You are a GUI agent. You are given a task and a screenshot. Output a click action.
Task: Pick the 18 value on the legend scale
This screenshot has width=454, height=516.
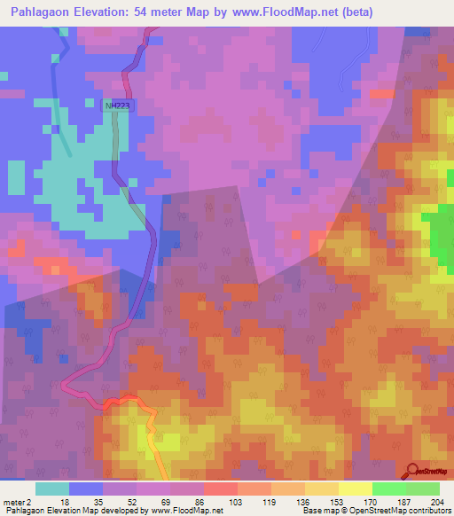click(65, 501)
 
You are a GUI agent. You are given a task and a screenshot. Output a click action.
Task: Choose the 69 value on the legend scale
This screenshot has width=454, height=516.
click(165, 501)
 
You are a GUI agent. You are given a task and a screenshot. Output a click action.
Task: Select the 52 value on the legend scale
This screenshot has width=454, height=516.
click(131, 501)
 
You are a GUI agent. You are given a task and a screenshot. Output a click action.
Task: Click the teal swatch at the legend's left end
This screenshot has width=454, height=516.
click(52, 489)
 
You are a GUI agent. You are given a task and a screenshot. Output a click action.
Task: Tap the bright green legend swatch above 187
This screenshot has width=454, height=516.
click(388, 489)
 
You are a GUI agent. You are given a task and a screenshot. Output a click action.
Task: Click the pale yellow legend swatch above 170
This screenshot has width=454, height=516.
click(355, 489)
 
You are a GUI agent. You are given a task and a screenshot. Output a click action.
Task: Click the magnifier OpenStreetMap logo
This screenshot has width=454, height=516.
click(411, 470)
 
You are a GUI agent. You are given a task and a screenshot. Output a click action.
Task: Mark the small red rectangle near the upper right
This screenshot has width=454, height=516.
click(382, 93)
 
